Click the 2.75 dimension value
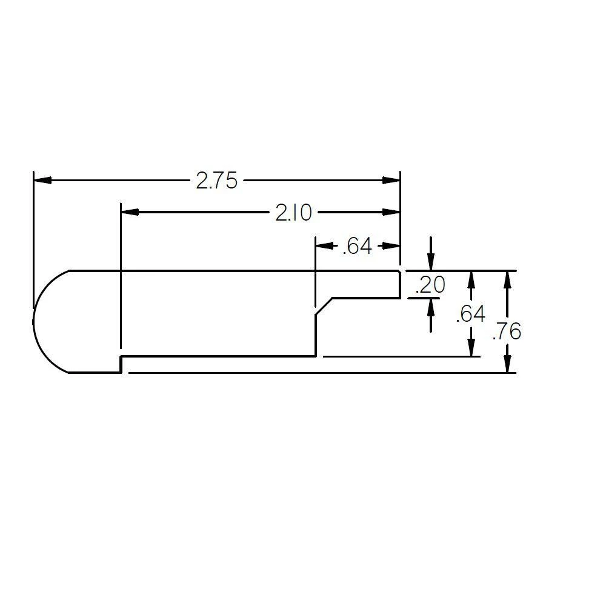click(x=216, y=181)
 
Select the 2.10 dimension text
click(x=294, y=213)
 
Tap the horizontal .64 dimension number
click(x=357, y=247)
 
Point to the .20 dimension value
click(x=430, y=285)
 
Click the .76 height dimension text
click(x=507, y=331)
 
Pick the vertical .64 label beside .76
click(x=470, y=314)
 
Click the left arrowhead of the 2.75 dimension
click(x=42, y=180)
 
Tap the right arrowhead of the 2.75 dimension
click(x=391, y=180)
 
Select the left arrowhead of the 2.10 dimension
click(x=130, y=212)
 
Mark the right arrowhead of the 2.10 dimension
click(x=391, y=212)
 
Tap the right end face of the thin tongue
click(x=400, y=284)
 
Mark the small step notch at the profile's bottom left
click(x=121, y=364)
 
